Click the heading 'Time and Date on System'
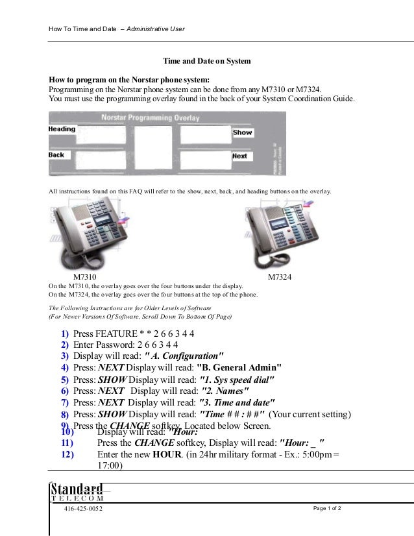click(206, 61)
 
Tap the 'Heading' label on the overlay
click(62, 129)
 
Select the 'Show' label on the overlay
click(242, 132)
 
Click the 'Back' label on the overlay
click(56, 155)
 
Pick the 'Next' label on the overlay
click(239, 156)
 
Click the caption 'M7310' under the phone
click(75, 277)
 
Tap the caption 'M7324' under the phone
click(280, 277)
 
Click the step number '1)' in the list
click(65, 334)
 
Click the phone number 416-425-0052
click(82, 509)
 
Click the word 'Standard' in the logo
click(77, 488)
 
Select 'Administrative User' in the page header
click(155, 29)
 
